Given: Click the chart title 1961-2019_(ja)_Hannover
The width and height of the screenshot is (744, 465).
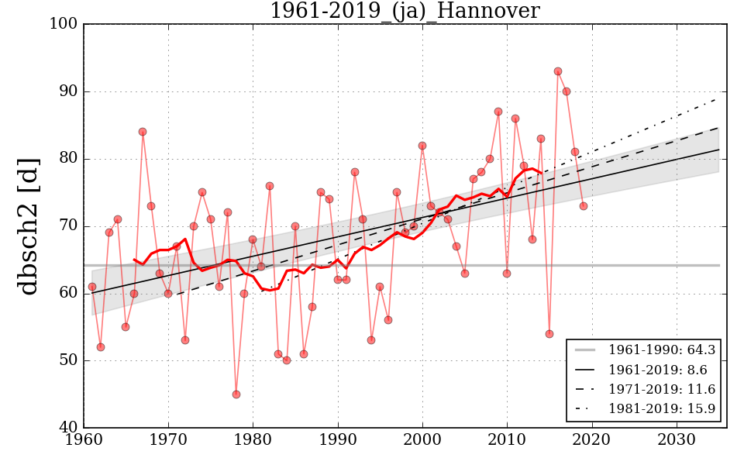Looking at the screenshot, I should [x=405, y=11].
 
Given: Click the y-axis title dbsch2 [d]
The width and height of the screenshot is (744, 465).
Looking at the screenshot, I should [x=28, y=226].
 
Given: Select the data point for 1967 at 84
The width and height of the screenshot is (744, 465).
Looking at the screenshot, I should [x=143, y=132].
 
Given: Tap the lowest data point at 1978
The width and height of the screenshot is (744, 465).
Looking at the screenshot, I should [x=236, y=394].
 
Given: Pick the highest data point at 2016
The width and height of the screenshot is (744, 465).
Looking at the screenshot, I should [x=558, y=71].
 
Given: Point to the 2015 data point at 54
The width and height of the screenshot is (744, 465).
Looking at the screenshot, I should [x=549, y=334].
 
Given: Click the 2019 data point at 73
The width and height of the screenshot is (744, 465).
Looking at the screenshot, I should [x=584, y=206].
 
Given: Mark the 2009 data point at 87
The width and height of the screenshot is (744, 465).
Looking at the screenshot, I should [x=498, y=112].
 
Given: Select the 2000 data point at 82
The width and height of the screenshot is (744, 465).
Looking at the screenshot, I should [x=422, y=146].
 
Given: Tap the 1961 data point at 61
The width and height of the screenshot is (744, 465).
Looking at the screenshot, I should [x=92, y=287].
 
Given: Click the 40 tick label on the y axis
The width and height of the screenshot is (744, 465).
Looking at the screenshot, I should [x=68, y=428].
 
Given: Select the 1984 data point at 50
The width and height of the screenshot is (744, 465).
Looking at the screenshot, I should [x=287, y=360].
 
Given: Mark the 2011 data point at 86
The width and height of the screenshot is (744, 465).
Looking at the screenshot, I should [x=515, y=119].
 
